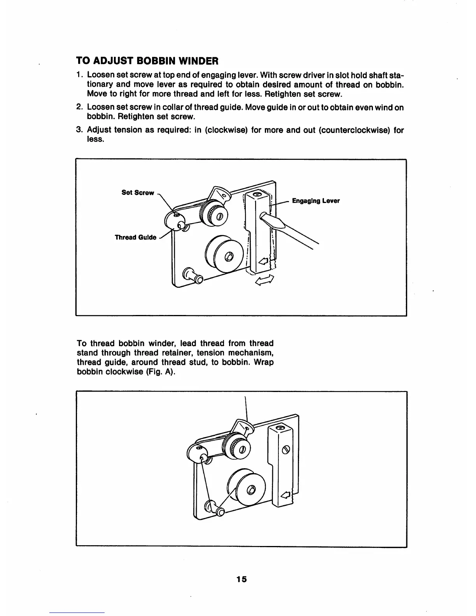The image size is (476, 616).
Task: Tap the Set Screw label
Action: coord(137,192)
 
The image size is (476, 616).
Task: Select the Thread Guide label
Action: coord(135,237)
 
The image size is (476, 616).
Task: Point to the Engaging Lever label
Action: coord(315,201)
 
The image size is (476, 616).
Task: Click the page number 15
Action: coord(241,579)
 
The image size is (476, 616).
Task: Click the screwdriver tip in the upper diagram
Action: coord(265,216)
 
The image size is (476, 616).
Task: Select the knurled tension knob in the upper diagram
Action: coord(213,213)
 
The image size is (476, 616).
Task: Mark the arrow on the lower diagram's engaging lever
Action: coord(285,495)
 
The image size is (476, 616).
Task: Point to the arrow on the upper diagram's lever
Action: coord(263,262)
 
